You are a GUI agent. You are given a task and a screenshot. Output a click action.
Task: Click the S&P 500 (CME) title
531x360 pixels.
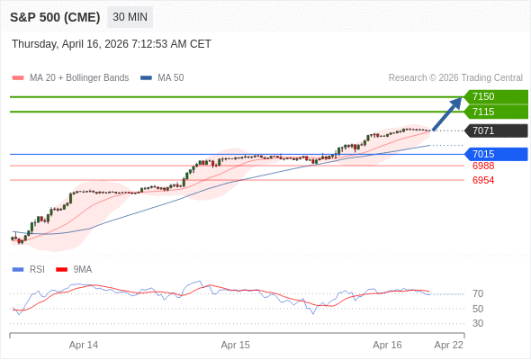click(54, 17)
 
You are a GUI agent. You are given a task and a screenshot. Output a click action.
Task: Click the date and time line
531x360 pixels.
click(112, 43)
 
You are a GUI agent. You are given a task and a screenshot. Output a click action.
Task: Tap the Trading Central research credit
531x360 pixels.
click(455, 78)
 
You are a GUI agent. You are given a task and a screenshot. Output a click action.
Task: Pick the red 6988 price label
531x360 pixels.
click(483, 166)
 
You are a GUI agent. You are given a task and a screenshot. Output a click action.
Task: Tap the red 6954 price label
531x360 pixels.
click(483, 180)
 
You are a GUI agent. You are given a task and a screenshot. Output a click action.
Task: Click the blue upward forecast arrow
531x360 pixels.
click(447, 114)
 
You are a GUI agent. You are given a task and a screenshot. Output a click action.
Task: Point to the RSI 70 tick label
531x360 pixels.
click(478, 293)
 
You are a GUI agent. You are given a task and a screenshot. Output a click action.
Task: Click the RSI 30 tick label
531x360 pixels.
click(478, 323)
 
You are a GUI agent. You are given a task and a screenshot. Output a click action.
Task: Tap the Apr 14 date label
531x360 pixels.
click(84, 345)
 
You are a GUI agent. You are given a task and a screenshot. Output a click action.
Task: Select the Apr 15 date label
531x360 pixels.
click(236, 345)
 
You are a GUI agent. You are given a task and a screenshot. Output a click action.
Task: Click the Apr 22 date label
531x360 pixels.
click(449, 345)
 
